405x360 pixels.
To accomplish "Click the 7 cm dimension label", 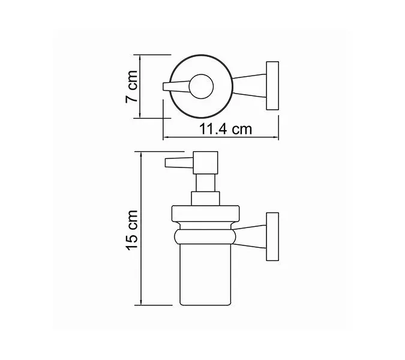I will [132, 87].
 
